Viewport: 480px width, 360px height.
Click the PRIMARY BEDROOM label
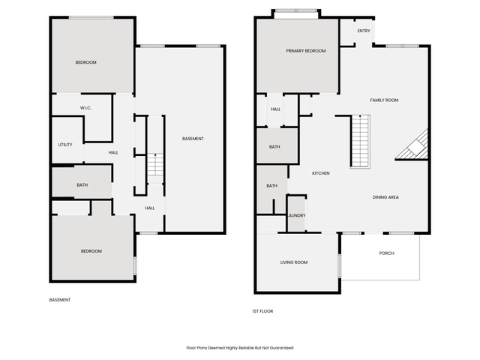[x=306, y=51]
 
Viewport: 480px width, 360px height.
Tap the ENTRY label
[x=364, y=31]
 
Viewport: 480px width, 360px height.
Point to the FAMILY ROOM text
[x=384, y=100]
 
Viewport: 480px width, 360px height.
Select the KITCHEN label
[x=321, y=173]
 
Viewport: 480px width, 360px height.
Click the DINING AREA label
[x=385, y=197]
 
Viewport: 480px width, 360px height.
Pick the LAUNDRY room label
[x=297, y=215]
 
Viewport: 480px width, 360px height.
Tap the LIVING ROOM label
[x=294, y=262]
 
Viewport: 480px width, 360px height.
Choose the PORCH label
[x=387, y=253]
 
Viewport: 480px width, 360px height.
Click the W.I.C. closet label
[x=85, y=108]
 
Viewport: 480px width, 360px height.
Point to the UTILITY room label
[x=65, y=145]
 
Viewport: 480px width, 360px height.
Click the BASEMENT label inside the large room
[x=193, y=139]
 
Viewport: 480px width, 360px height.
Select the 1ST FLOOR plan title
[x=262, y=311]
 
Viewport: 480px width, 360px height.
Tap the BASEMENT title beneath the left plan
[x=60, y=300]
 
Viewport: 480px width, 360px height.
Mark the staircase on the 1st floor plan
[x=360, y=142]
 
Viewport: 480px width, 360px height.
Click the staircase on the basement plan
[x=155, y=164]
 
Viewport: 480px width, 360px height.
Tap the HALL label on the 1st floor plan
[x=275, y=109]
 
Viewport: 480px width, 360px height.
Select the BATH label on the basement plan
[x=82, y=185]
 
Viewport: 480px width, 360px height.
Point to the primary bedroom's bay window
[x=296, y=10]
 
